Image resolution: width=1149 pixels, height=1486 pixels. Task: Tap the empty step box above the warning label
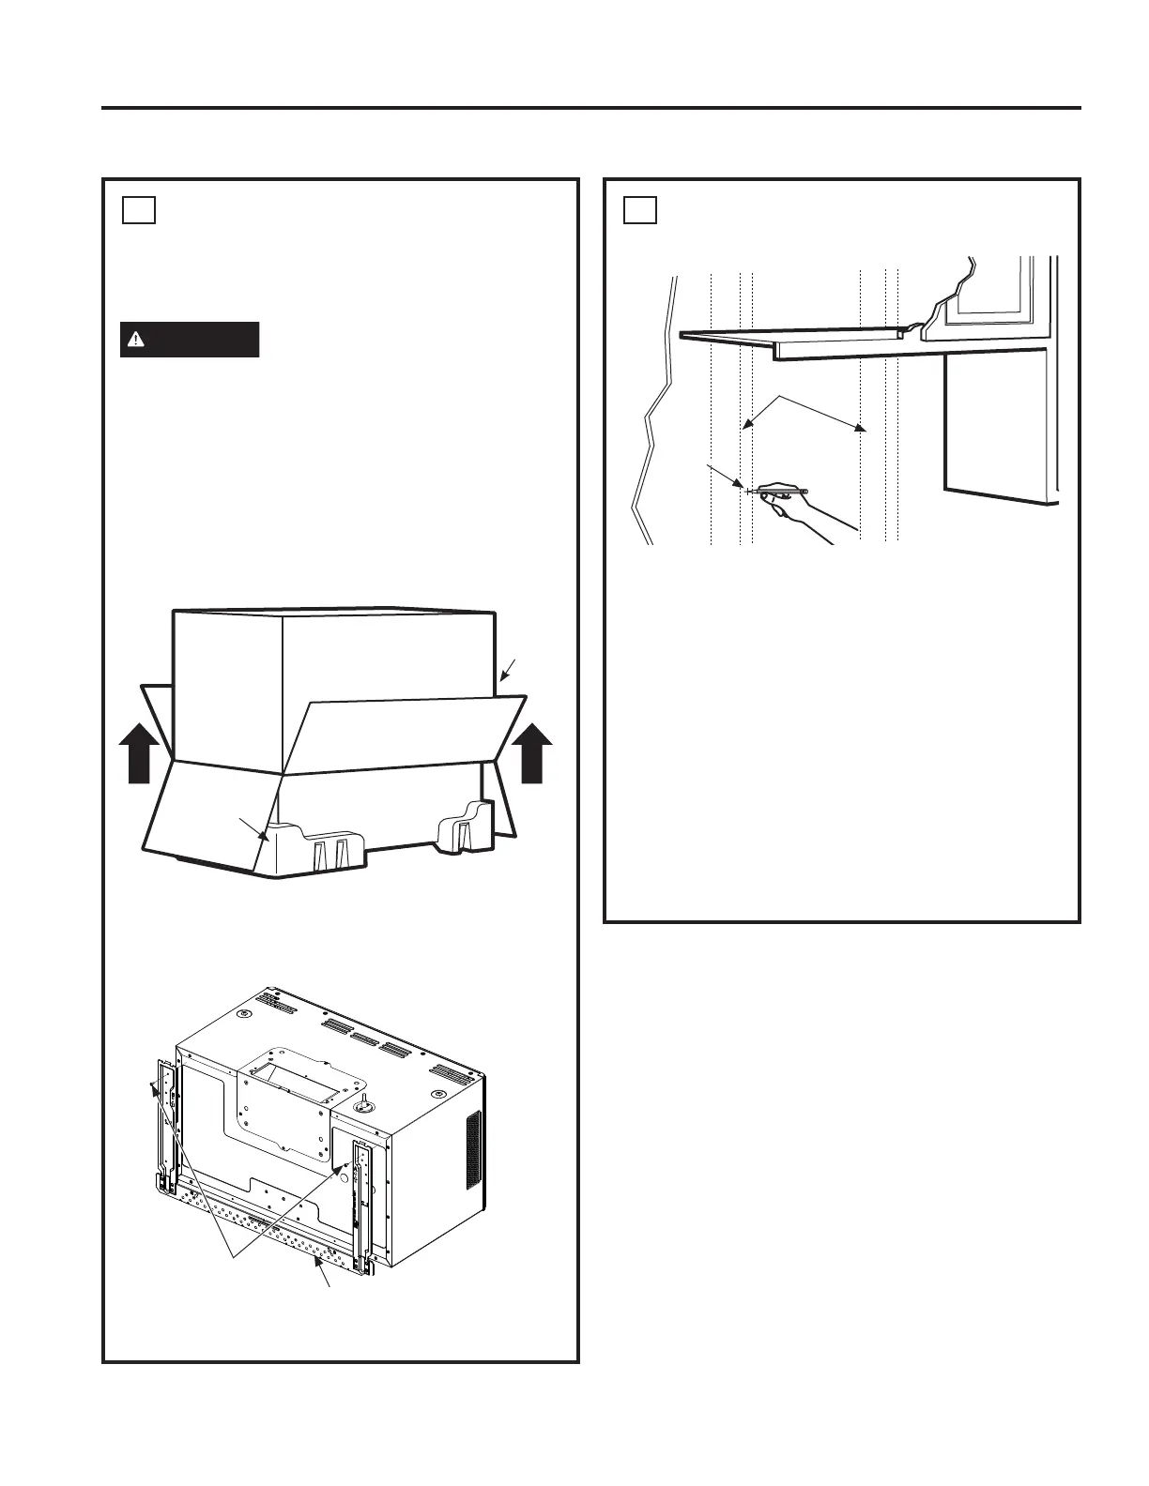pyautogui.click(x=138, y=210)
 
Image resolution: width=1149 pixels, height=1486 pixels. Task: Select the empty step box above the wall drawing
pyautogui.click(x=640, y=210)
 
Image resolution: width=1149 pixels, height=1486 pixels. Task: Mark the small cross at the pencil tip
pyautogui.click(x=747, y=491)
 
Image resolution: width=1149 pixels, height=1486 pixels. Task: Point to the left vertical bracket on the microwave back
pyautogui.click(x=166, y=1126)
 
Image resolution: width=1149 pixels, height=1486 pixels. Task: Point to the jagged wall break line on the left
pyautogui.click(x=657, y=403)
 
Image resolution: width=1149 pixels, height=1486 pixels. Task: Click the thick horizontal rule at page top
pyautogui.click(x=591, y=108)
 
